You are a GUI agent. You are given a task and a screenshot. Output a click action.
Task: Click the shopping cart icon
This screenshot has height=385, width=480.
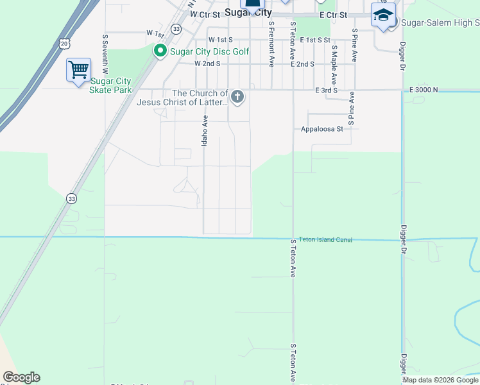[78, 69]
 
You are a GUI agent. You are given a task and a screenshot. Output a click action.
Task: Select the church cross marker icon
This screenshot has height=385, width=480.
[237, 98]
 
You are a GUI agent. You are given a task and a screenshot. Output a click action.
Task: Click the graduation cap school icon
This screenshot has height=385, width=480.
[383, 15]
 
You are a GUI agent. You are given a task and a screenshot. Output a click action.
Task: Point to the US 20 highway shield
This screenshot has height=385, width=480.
[63, 43]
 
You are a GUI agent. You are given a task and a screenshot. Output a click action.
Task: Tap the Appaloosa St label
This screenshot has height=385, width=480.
[322, 128]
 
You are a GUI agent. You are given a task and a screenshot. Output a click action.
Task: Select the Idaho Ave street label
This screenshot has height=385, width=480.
[205, 130]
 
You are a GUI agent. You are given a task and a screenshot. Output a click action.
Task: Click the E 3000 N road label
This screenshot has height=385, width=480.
[424, 90]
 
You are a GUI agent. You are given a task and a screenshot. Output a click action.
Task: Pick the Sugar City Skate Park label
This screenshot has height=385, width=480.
[111, 85]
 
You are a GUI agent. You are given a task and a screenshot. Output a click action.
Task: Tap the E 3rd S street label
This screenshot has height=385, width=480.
[326, 90]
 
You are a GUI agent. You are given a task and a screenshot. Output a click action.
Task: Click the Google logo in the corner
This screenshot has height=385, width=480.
[21, 377]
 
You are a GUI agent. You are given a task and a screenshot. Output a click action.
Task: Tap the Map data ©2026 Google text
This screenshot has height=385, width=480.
[440, 380]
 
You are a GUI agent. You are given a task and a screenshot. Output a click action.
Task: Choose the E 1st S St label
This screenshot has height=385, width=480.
[313, 40]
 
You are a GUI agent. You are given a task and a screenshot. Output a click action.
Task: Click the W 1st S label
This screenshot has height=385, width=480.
[219, 40]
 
